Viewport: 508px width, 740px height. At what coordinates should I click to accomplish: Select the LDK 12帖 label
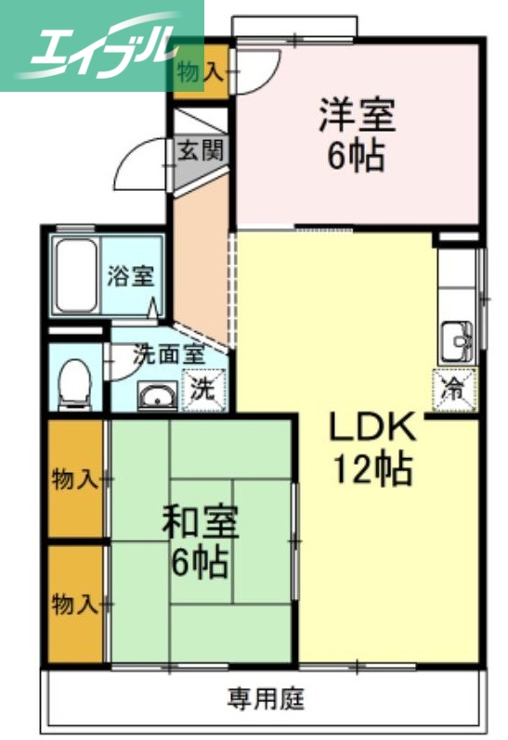click(x=371, y=449)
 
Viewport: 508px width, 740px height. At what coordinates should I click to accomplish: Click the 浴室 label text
click(x=125, y=275)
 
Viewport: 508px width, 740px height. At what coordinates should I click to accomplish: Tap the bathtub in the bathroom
click(x=75, y=274)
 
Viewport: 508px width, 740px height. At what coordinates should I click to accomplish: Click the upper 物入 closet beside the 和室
click(x=75, y=479)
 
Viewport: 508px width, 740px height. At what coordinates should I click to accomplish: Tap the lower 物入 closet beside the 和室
click(x=75, y=604)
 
